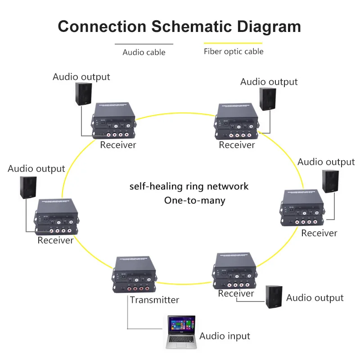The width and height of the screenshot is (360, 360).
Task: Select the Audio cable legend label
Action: pos(144,52)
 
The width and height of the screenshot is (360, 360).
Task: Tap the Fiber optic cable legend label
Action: pos(234,51)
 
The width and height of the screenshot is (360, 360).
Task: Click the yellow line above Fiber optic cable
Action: pos(233,44)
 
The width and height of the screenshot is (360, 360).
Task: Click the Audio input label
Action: pos(225,336)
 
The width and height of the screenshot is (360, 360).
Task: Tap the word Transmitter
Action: pos(154,300)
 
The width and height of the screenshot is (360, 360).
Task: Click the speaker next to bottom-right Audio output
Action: pos(274,297)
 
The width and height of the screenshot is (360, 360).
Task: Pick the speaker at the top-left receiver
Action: pos(84,94)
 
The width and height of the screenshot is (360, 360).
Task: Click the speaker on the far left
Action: pos(28,187)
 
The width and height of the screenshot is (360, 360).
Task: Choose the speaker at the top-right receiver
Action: pos(268,99)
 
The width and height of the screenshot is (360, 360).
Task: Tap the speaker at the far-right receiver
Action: pos(331,182)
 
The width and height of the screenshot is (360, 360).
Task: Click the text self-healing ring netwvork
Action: pos(189,186)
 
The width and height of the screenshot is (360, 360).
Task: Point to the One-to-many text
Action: pos(194,200)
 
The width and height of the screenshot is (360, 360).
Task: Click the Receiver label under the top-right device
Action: pos(237,145)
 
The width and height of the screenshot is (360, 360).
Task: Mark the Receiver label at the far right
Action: pos(319,233)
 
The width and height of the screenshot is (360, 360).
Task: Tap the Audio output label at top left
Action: pos(81,76)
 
